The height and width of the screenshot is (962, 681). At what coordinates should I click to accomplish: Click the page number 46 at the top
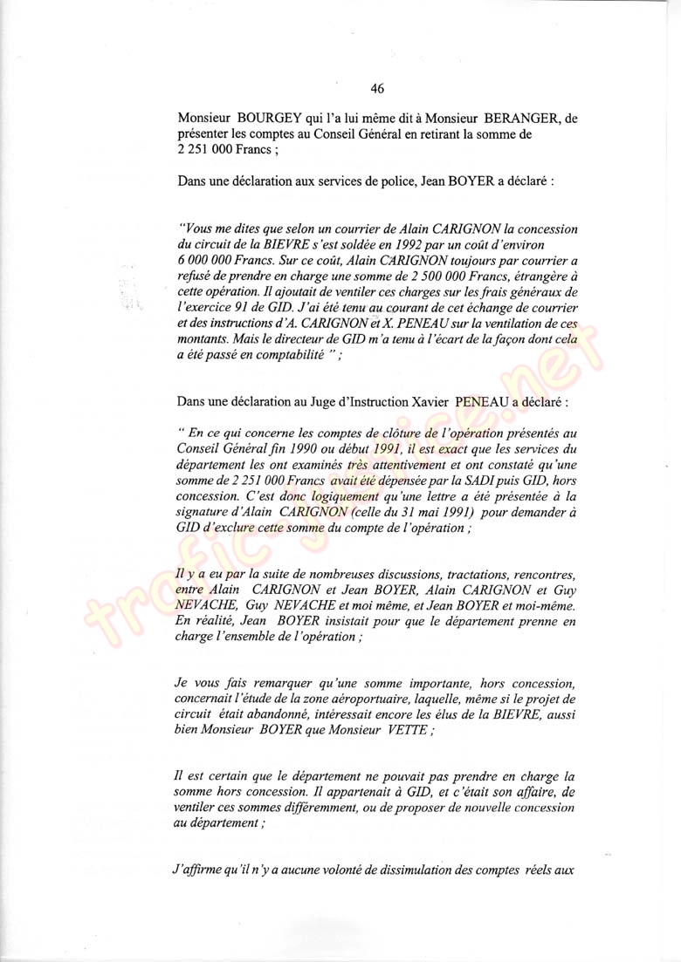(x=377, y=88)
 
